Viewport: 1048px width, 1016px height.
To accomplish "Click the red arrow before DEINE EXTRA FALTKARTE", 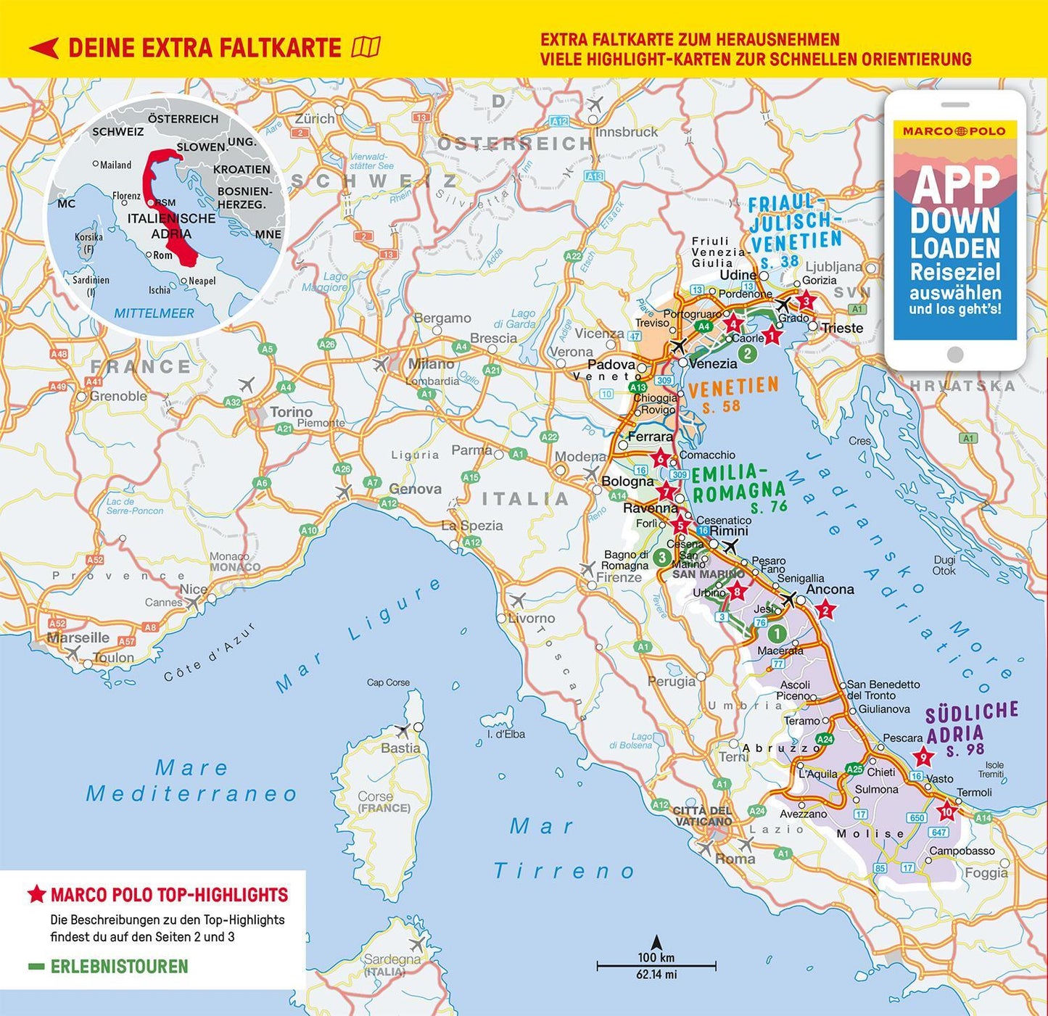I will [x=44, y=49].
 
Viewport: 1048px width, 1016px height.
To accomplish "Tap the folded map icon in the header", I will [x=366, y=48].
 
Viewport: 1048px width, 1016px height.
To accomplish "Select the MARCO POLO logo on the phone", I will [x=954, y=131].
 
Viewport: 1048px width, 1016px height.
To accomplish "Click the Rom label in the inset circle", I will [x=162, y=255].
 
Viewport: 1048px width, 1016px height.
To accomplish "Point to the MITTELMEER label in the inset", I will [x=154, y=313].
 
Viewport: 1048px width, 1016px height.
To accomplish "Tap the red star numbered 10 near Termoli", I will [x=946, y=811].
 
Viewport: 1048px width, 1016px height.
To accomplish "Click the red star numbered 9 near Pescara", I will [x=923, y=757].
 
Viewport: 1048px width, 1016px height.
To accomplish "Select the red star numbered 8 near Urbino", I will [x=737, y=591].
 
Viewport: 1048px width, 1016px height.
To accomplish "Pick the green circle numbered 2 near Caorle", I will [x=747, y=354].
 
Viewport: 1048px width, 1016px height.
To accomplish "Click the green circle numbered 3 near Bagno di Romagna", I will [x=661, y=557].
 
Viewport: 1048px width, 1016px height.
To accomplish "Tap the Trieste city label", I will [x=842, y=328].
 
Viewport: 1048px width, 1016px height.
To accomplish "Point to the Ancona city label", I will [x=830, y=590].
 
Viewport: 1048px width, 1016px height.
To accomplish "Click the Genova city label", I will [x=415, y=489].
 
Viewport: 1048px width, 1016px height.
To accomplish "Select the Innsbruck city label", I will [x=627, y=132].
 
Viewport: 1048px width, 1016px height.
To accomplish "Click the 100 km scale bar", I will [x=656, y=966].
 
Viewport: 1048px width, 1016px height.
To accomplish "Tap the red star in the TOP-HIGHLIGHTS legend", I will [x=36, y=894].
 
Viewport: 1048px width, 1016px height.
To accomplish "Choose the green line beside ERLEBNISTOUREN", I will [x=36, y=967].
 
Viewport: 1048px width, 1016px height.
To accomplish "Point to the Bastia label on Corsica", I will [x=400, y=748].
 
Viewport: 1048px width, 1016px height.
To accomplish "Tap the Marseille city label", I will [x=78, y=637].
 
